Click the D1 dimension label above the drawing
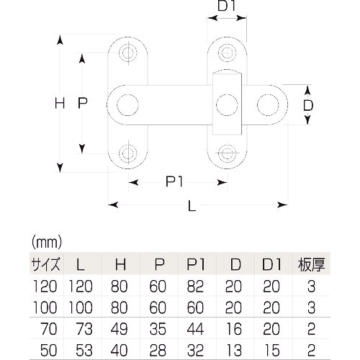[227, 6]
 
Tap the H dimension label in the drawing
[60, 104]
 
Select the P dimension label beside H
[83, 103]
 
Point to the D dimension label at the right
[308, 105]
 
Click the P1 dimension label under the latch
[174, 181]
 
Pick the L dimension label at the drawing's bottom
[192, 206]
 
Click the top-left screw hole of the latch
[128, 53]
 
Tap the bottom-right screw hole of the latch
[227, 153]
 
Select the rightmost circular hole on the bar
[268, 105]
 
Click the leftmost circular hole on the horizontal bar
[127, 105]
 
